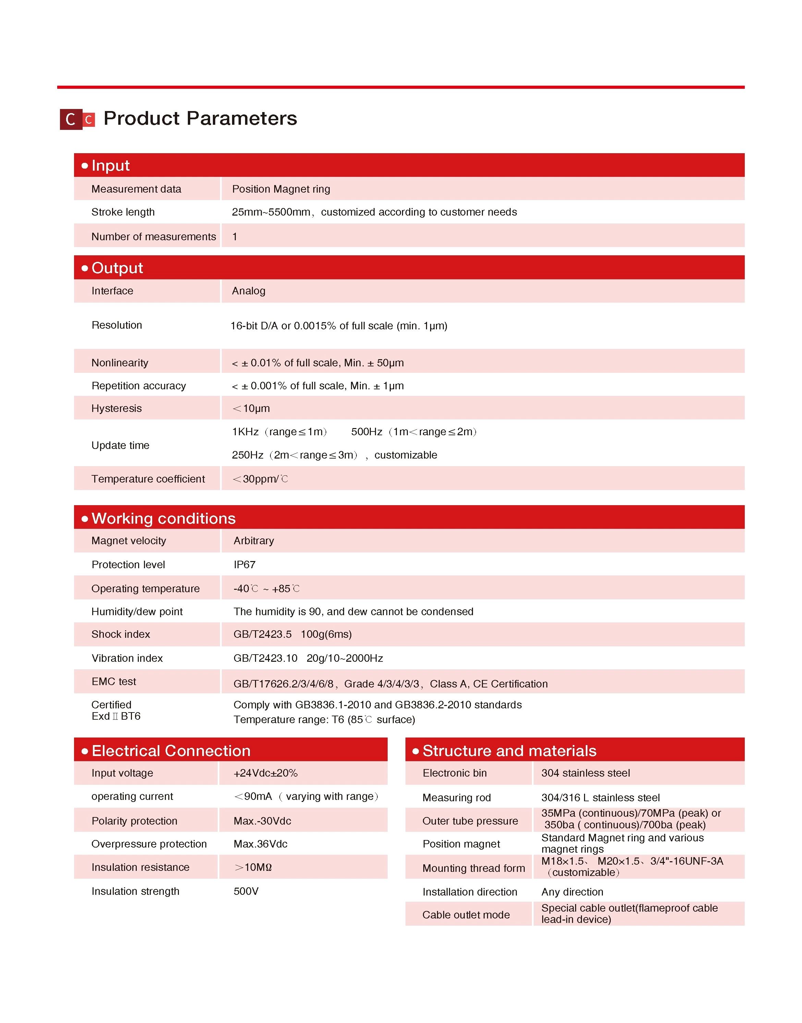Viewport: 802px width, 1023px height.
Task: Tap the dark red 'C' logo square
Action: pyautogui.click(x=71, y=119)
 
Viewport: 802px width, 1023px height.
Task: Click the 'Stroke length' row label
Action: pyautogui.click(x=123, y=212)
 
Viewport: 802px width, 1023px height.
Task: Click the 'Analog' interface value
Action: pyautogui.click(x=248, y=291)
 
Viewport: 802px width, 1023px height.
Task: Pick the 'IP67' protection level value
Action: pyautogui.click(x=245, y=564)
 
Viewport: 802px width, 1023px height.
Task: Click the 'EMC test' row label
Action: pyautogui.click(x=114, y=681)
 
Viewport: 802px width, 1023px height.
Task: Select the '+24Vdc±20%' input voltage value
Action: pyautogui.click(x=265, y=773)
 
